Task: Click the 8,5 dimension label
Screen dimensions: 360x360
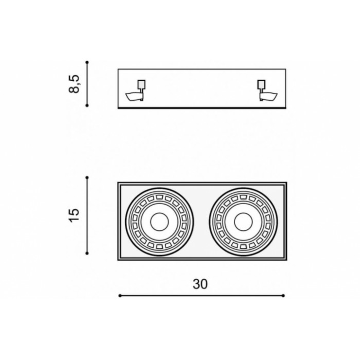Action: [x=74, y=84]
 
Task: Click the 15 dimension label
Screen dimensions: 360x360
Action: [x=74, y=215]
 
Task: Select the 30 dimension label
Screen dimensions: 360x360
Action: [x=200, y=284]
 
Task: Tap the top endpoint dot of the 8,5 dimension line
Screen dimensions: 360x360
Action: [x=87, y=62]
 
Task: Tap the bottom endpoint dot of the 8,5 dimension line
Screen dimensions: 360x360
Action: [x=87, y=105]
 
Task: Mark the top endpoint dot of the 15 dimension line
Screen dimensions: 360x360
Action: [x=87, y=177]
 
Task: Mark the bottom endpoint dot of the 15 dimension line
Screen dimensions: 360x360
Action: [x=87, y=253]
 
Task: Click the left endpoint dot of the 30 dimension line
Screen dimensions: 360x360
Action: [x=120, y=296]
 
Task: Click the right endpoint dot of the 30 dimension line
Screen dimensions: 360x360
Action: [x=283, y=296]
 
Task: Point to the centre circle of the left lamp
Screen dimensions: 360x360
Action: [x=159, y=222]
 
